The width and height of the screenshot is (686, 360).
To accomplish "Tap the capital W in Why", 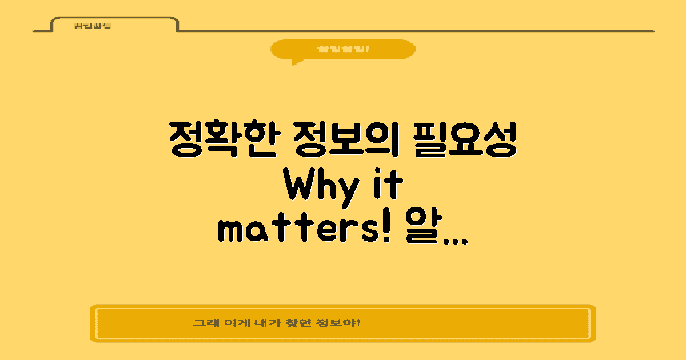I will coord(300,185).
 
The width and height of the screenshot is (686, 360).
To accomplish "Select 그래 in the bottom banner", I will coord(202,323).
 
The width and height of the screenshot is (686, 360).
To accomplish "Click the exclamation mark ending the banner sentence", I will coord(358,323).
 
